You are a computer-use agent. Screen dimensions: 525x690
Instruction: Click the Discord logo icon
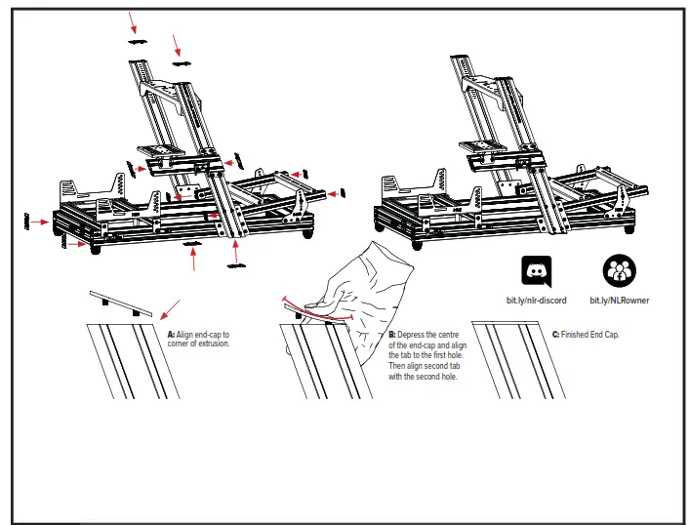(x=536, y=270)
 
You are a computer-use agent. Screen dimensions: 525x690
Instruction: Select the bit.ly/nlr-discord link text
(x=536, y=301)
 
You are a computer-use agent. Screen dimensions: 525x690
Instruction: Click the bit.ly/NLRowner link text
(x=619, y=301)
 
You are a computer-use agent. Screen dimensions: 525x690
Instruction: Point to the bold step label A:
(x=169, y=335)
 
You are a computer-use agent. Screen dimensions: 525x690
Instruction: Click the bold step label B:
(x=392, y=335)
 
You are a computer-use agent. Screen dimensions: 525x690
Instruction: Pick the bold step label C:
(x=555, y=335)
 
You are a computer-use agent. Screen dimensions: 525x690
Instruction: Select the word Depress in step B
(x=414, y=335)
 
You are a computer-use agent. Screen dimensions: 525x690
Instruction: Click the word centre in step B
(x=450, y=335)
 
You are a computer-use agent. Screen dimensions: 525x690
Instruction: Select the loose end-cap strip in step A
(x=119, y=302)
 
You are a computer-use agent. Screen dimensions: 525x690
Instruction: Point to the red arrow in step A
(x=171, y=310)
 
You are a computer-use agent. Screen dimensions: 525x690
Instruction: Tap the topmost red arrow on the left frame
(x=134, y=18)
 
